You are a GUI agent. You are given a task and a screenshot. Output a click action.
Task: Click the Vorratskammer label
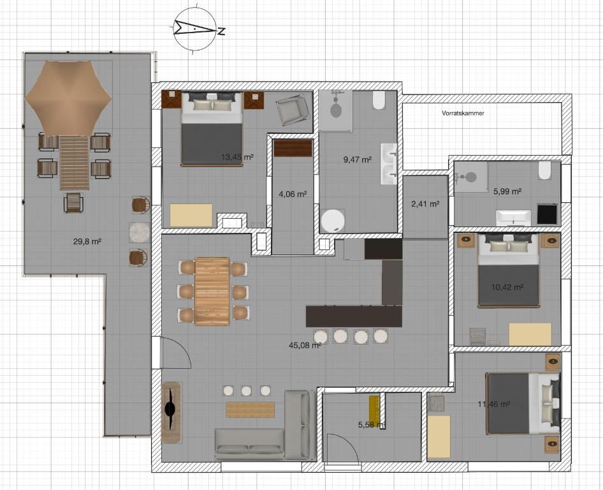click(463, 114)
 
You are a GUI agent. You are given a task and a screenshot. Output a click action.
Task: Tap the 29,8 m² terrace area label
click(87, 242)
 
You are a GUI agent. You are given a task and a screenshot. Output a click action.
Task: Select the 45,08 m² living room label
click(305, 345)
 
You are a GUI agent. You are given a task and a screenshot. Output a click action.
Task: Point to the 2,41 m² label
click(425, 204)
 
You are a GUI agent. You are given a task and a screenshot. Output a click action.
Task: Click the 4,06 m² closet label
click(293, 194)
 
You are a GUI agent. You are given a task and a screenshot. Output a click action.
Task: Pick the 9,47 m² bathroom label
click(357, 160)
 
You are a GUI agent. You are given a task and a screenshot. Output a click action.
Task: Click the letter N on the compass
click(221, 31)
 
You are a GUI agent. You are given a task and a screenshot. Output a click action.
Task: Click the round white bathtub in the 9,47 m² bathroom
click(333, 221)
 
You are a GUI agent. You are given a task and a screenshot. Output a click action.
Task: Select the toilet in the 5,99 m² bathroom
click(544, 170)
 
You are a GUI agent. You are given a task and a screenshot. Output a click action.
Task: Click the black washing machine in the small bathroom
click(547, 214)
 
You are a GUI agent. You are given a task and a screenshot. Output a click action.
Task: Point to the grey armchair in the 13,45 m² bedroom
click(292, 109)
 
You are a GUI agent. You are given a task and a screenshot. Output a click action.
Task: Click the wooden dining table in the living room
click(212, 292)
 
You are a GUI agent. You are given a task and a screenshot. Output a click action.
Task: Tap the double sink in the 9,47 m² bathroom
click(388, 164)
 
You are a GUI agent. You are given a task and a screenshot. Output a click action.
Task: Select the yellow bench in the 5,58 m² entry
click(375, 409)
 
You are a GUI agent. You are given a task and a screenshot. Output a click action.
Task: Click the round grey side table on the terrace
click(139, 232)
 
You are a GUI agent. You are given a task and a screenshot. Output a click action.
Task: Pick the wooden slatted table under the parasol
click(74, 163)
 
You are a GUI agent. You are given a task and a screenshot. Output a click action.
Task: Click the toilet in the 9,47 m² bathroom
click(379, 100)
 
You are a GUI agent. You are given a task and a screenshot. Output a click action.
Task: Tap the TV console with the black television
click(171, 412)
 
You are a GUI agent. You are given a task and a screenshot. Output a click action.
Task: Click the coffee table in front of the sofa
click(251, 410)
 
